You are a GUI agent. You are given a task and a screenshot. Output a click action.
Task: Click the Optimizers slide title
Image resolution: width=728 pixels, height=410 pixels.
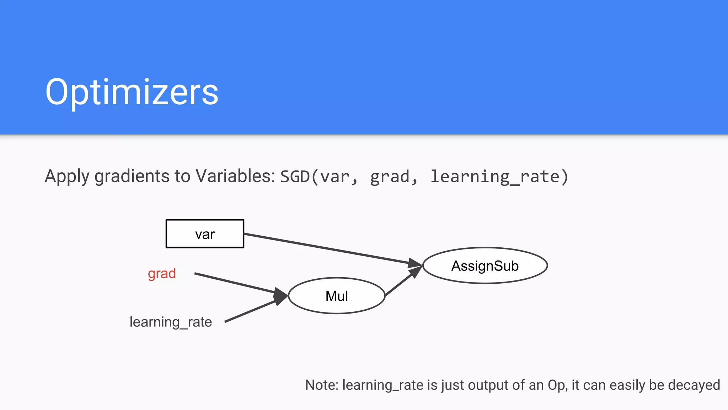coord(132,92)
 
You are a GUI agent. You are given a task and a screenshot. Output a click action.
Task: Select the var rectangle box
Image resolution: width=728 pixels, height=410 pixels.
coord(205,234)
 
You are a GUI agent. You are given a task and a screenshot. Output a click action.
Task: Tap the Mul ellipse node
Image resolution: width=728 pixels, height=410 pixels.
coord(337,296)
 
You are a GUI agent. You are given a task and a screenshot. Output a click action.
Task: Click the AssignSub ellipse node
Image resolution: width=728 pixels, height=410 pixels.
coord(485,266)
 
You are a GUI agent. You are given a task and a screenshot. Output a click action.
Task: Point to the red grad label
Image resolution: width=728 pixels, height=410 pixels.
coord(162,273)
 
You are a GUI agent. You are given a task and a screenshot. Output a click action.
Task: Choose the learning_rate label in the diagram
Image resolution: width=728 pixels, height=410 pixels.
coord(171,322)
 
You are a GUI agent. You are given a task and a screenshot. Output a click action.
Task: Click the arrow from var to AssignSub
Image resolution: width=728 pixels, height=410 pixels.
coord(327,248)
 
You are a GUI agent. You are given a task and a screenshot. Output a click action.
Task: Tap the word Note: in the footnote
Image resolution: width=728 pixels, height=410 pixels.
coord(321,385)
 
